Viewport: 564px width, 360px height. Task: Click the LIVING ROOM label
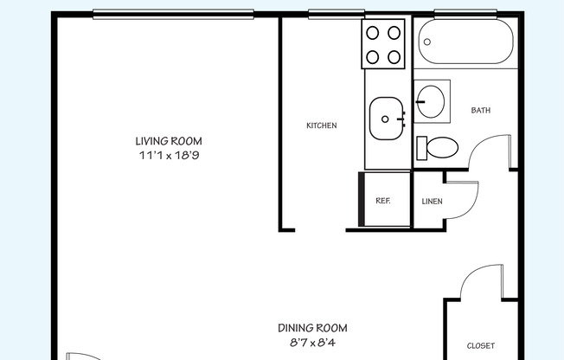click(x=169, y=141)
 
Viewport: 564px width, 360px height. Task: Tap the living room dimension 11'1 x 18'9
click(x=169, y=155)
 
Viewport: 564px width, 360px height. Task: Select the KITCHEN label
click(x=322, y=125)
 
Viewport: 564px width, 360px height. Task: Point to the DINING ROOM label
click(x=312, y=328)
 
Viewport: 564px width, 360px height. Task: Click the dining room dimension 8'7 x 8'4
click(x=312, y=343)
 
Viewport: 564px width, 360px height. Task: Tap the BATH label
click(x=481, y=110)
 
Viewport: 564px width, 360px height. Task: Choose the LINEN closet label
click(x=432, y=202)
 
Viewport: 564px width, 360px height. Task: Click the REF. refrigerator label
click(x=382, y=201)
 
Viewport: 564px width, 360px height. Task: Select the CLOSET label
click(x=481, y=346)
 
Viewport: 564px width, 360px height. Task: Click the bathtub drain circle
click(x=427, y=42)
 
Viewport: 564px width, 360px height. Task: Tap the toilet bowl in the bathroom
click(x=442, y=147)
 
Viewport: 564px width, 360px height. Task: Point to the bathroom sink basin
click(x=431, y=101)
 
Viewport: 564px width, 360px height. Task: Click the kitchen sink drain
click(x=385, y=119)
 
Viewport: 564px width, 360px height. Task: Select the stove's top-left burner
click(x=373, y=33)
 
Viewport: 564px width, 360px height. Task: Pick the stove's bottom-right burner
click(x=394, y=57)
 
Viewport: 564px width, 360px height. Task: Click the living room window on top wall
click(x=173, y=15)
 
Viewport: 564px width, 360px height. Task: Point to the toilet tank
click(x=421, y=148)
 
